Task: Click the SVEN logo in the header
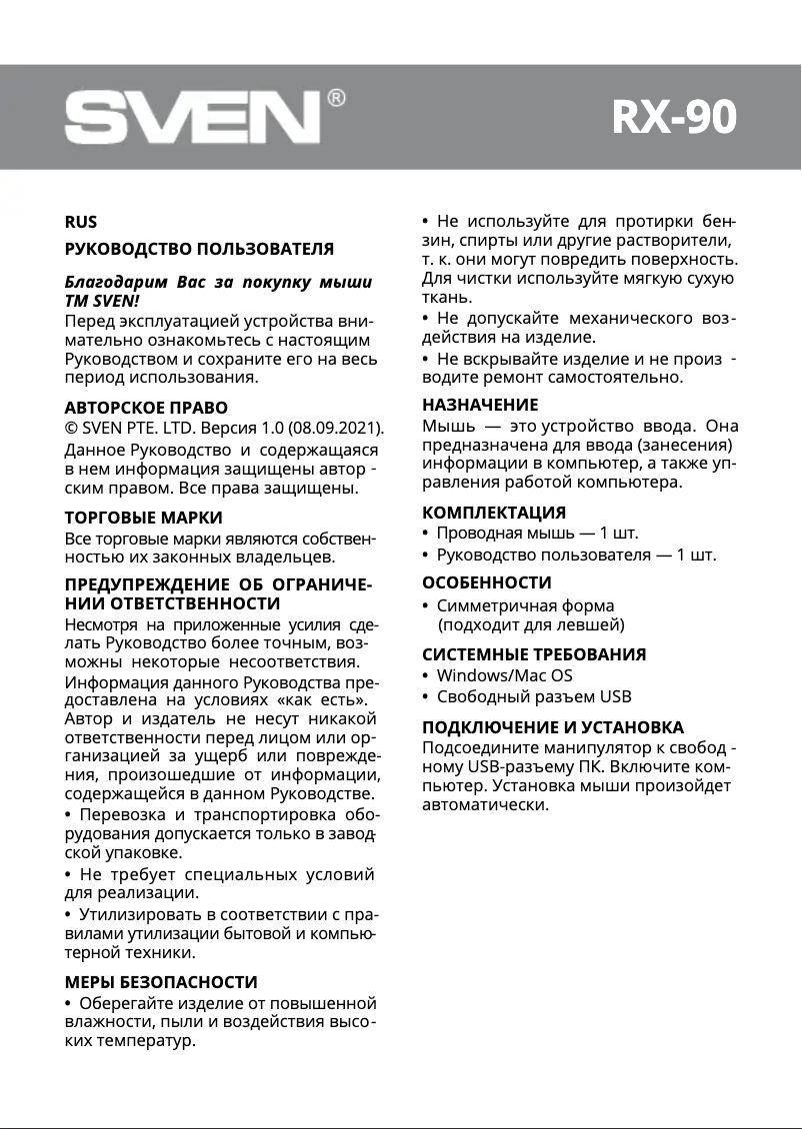click(192, 119)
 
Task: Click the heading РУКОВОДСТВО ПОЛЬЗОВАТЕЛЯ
click(199, 249)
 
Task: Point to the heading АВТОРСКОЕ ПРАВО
click(146, 408)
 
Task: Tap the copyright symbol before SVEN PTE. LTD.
click(71, 429)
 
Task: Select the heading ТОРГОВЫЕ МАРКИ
click(143, 518)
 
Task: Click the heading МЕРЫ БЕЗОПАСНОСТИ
click(161, 982)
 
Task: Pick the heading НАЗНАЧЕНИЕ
click(480, 405)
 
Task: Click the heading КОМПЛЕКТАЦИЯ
click(494, 514)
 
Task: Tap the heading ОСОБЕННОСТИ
click(487, 582)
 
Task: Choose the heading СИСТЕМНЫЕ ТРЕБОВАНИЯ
click(534, 654)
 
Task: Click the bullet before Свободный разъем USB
click(426, 697)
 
